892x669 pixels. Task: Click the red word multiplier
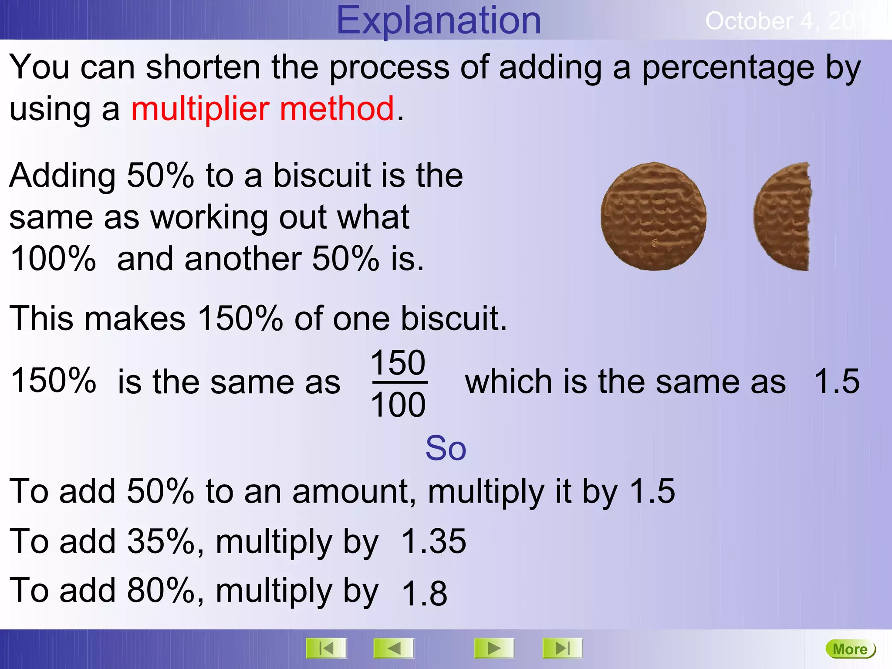coord(200,108)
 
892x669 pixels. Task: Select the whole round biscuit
coord(653,216)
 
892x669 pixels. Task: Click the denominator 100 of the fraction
coord(398,405)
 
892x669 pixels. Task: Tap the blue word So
coord(446,448)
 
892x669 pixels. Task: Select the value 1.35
coord(434,541)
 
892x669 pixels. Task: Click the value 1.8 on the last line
coord(424,593)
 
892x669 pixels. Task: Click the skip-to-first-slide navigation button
coord(326,649)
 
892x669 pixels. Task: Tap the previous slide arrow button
coord(394,649)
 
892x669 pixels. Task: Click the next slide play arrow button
coord(494,649)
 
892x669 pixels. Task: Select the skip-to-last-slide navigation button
coord(562,649)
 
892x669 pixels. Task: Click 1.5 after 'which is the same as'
coord(837,382)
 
